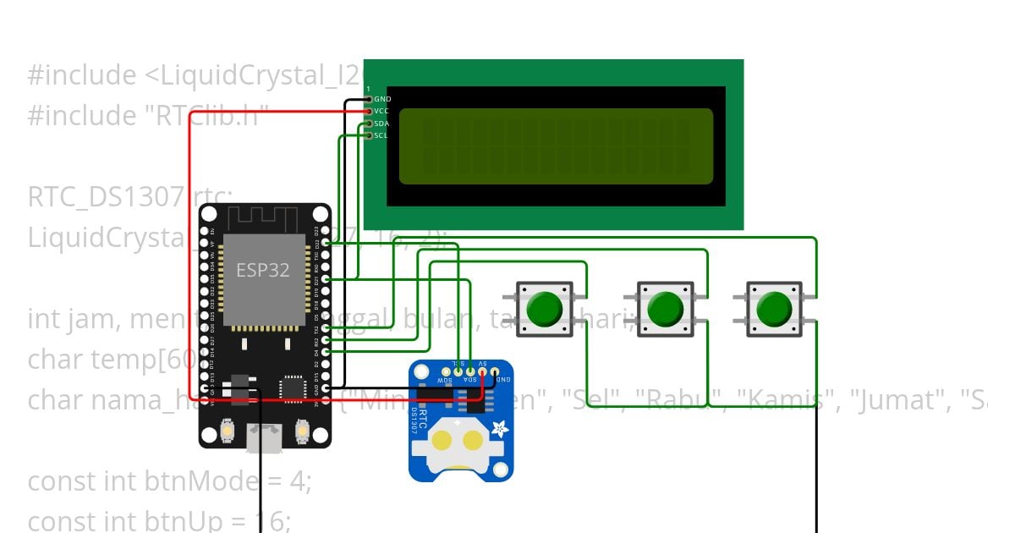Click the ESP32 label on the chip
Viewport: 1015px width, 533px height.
(x=262, y=270)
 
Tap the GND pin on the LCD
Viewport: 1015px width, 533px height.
(x=369, y=100)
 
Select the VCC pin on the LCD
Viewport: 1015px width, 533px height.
(x=369, y=111)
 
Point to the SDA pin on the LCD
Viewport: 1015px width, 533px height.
(x=369, y=124)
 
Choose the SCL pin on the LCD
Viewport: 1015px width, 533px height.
(x=369, y=135)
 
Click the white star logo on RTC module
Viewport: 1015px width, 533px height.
(x=500, y=428)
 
